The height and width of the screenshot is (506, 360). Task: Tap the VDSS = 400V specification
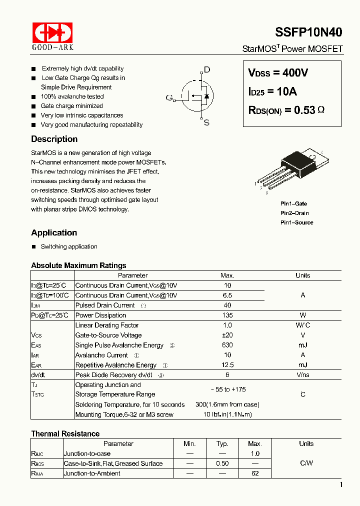pos(278,73)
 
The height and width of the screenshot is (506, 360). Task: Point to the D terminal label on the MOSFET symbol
pos(206,70)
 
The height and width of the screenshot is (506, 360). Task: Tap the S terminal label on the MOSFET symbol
pos(206,122)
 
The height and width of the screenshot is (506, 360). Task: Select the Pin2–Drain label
pos(294,213)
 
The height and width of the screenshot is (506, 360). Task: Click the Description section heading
pos(54,139)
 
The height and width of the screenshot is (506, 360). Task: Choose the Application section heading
pos(54,232)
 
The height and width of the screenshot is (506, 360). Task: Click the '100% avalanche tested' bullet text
pos(72,96)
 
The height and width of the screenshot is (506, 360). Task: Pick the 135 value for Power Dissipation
pos(227,315)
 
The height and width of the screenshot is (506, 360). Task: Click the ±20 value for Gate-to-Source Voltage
pos(227,335)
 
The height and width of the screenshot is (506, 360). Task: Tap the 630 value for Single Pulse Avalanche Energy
pos(227,345)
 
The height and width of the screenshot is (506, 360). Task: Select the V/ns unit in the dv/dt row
pos(302,375)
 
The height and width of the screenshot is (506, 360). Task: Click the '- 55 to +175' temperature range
pos(227,389)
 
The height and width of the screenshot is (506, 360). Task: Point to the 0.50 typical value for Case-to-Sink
pos(222,463)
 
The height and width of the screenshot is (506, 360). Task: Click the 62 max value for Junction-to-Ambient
pos(255,473)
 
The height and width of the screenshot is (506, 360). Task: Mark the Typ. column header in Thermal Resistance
pos(222,443)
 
